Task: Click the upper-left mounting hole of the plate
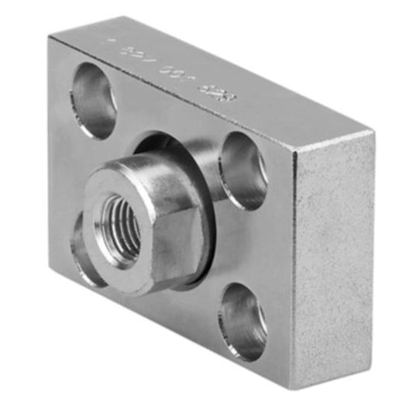coord(94,100)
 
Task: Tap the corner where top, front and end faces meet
coord(294,150)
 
